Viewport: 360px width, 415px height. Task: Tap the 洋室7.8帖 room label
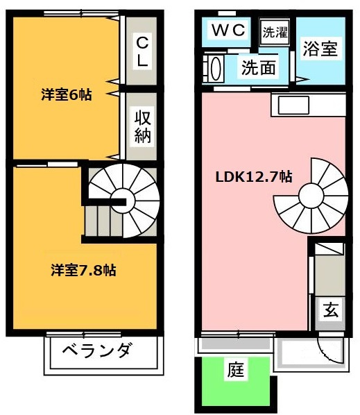[83, 270]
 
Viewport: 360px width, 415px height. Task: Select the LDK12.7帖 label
[251, 176]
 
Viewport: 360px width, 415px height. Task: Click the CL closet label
[142, 51]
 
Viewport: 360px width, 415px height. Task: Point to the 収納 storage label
[142, 126]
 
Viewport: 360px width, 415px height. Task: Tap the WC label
[228, 30]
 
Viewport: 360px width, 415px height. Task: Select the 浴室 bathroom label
[320, 51]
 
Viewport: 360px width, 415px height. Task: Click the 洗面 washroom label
[258, 68]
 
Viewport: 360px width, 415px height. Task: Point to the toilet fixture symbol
[214, 69]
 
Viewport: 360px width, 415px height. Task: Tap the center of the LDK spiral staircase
[309, 197]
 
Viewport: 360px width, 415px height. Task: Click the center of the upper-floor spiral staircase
[125, 200]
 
